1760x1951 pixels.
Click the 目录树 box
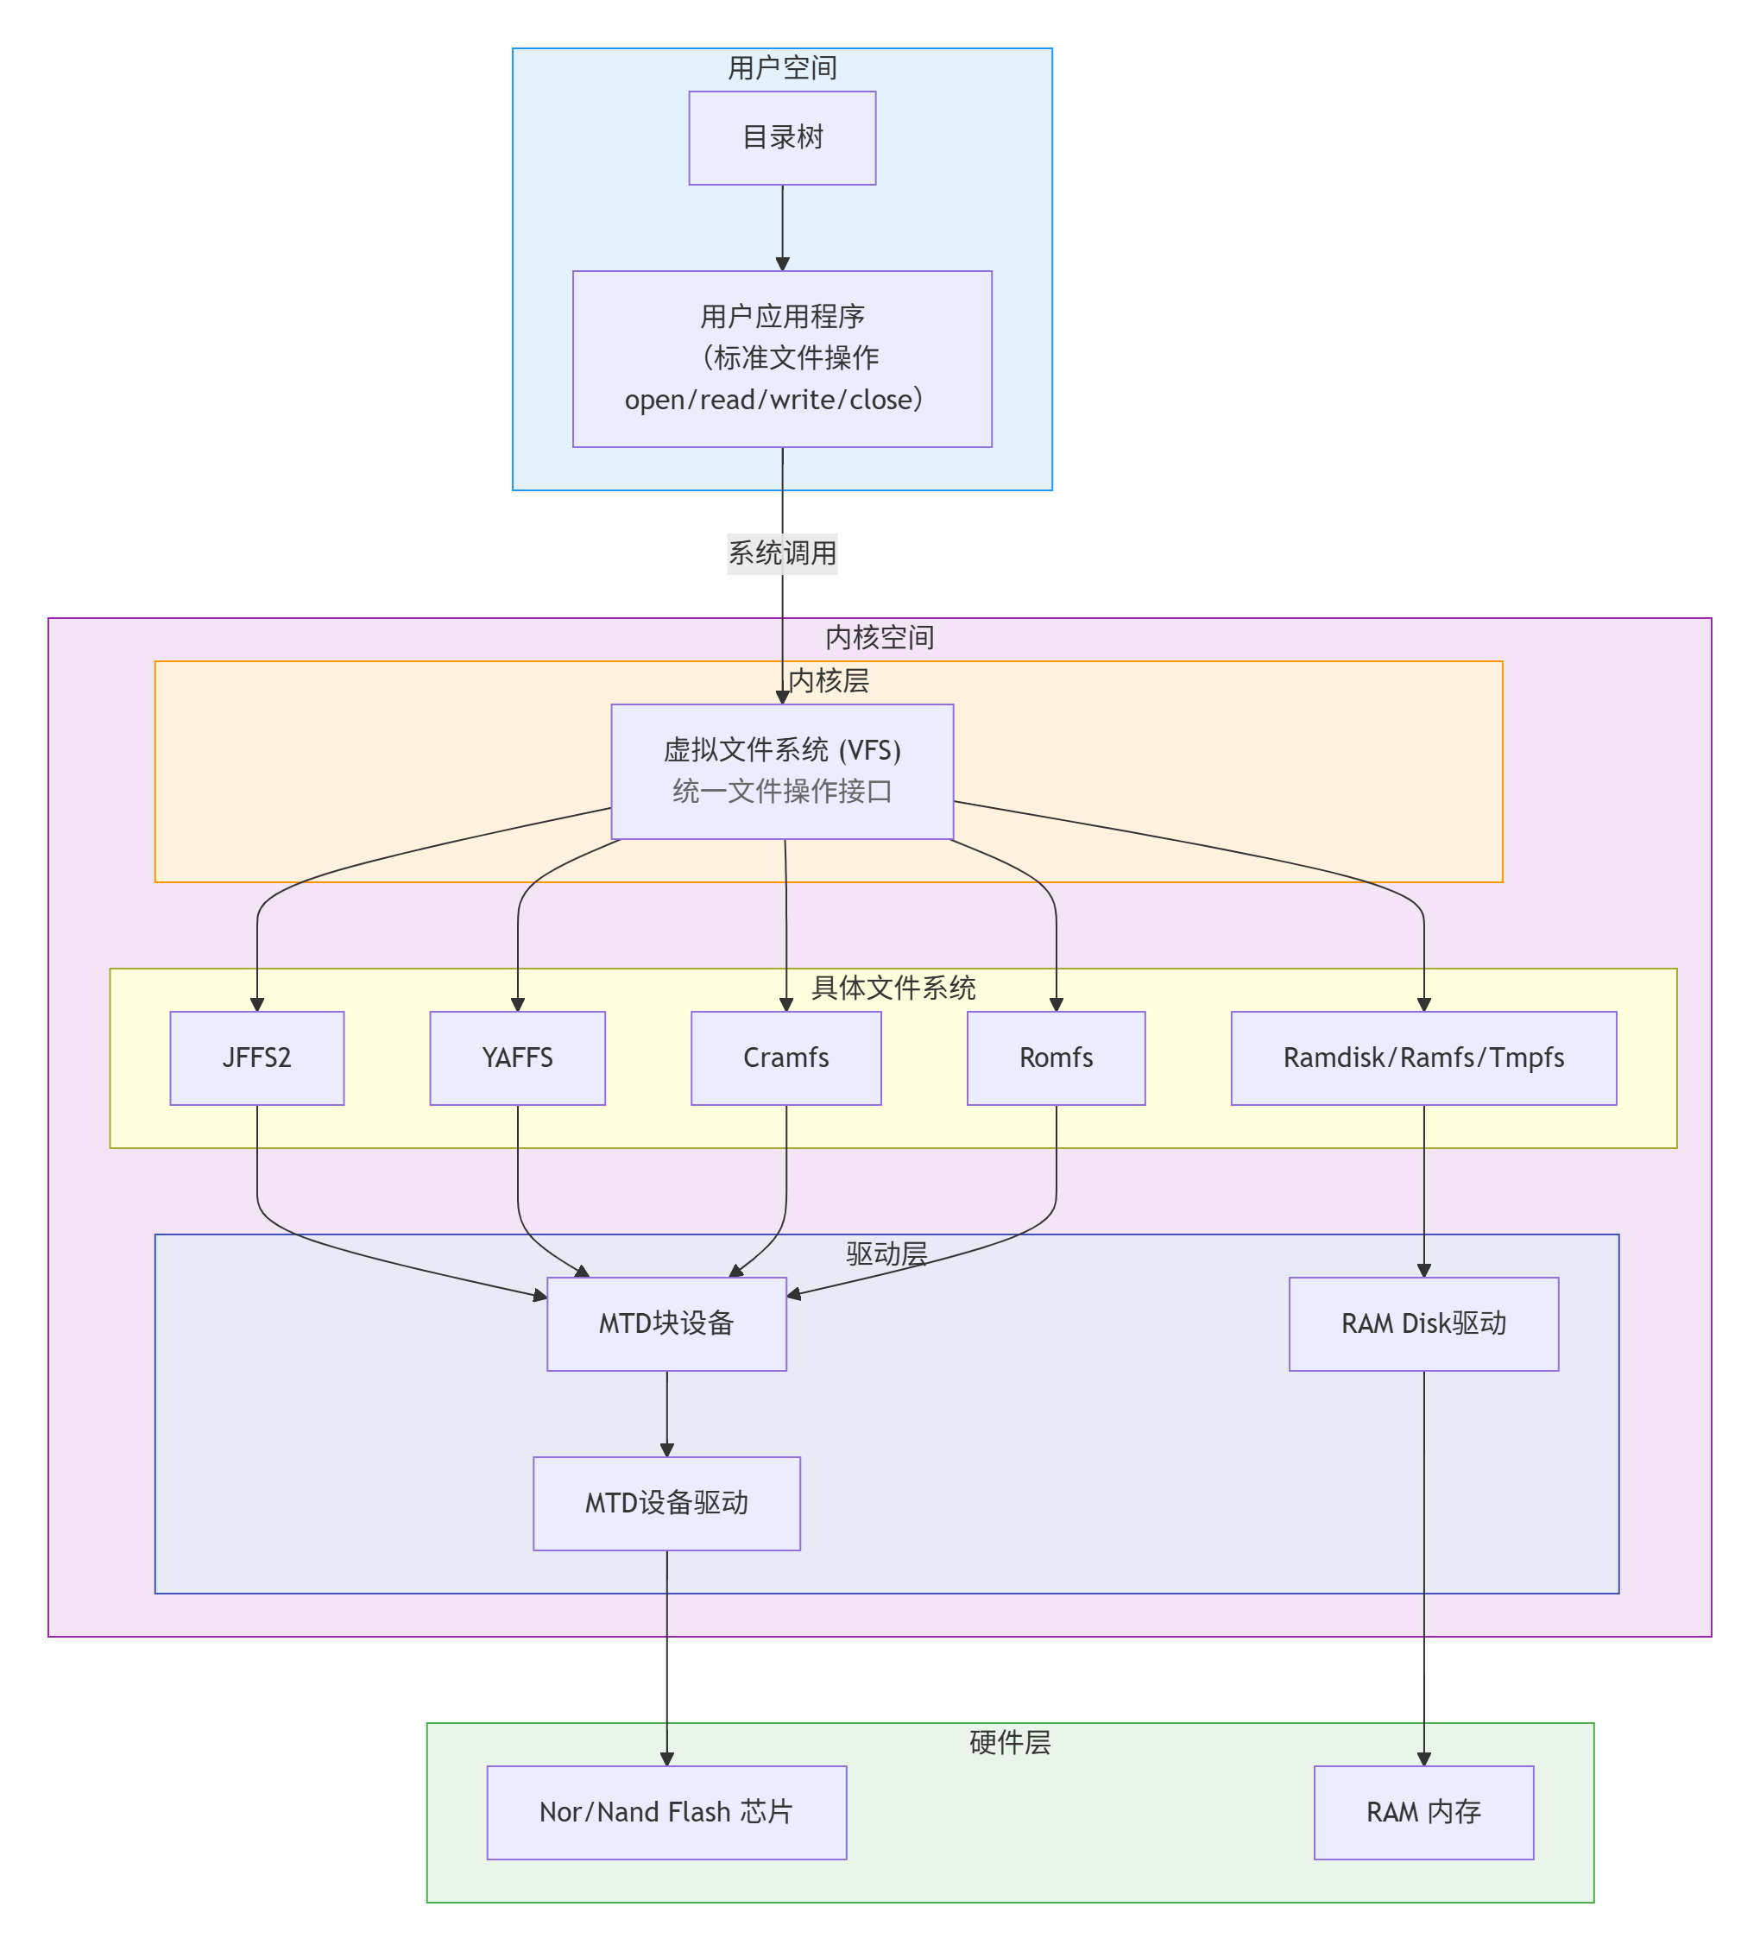[781, 137]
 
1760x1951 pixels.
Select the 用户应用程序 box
[781, 358]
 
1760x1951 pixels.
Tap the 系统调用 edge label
[781, 553]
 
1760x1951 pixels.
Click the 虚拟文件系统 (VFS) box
[781, 771]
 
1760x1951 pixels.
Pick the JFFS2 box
[256, 1058]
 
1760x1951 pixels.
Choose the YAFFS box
[517, 1058]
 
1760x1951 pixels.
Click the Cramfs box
[785, 1058]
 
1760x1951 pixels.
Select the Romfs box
[1055, 1058]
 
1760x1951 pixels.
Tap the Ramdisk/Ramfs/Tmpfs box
[1423, 1058]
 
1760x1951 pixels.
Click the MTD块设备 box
[666, 1323]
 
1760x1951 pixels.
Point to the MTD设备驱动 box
[666, 1502]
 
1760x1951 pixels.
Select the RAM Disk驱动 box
[1423, 1323]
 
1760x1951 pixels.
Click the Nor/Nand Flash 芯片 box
[666, 1812]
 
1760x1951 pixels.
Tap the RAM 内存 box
[1423, 1812]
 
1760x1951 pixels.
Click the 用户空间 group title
[781, 67]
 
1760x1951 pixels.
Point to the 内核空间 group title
[879, 637]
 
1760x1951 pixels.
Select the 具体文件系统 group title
[893, 988]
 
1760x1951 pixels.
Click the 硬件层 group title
[1010, 1742]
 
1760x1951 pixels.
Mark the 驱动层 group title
[886, 1253]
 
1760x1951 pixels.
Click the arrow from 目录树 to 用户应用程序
[781, 227]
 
